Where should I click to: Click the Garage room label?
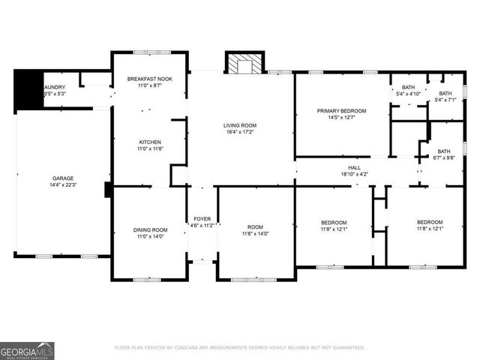(63, 178)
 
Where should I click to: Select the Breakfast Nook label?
(149, 79)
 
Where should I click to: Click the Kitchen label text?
(149, 142)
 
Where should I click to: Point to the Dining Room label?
(149, 229)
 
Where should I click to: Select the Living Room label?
(240, 125)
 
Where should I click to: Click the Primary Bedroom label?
(340, 110)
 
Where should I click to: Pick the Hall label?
(355, 168)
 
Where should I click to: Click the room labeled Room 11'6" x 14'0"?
(256, 226)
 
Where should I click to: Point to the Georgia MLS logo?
(27, 350)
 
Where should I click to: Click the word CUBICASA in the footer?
(196, 348)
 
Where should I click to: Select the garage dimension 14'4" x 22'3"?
(63, 184)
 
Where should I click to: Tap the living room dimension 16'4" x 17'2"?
(240, 132)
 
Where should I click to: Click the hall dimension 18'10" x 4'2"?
(355, 175)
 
